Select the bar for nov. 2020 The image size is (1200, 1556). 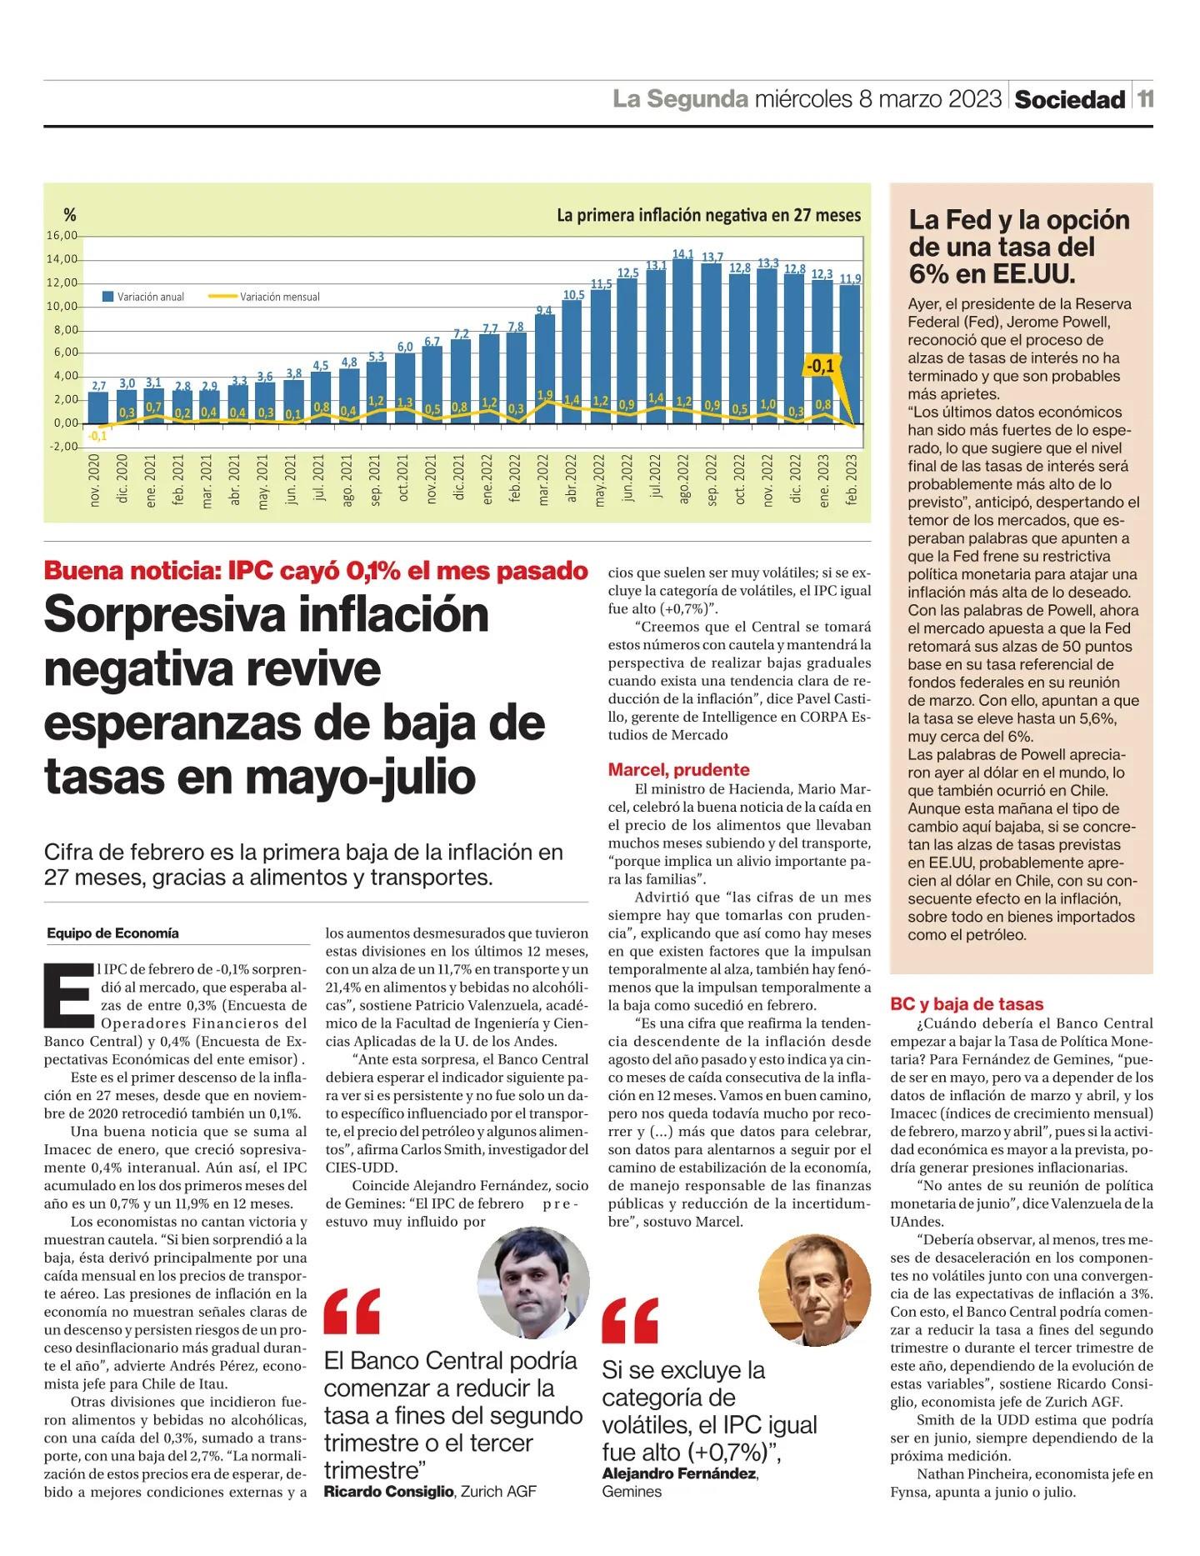[x=98, y=408]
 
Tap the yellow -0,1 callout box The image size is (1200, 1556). [x=820, y=366]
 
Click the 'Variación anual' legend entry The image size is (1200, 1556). [x=142, y=297]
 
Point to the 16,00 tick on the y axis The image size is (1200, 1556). [x=62, y=236]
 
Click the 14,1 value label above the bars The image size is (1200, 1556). [x=682, y=253]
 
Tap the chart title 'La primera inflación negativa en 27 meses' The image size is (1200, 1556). [x=708, y=215]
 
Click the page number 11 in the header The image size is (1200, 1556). [x=1146, y=99]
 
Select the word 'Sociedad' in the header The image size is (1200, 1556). [x=1069, y=100]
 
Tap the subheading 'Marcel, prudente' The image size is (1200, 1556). [x=678, y=769]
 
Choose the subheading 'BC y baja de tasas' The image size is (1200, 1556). [x=967, y=1003]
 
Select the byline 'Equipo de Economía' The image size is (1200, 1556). [x=112, y=933]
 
